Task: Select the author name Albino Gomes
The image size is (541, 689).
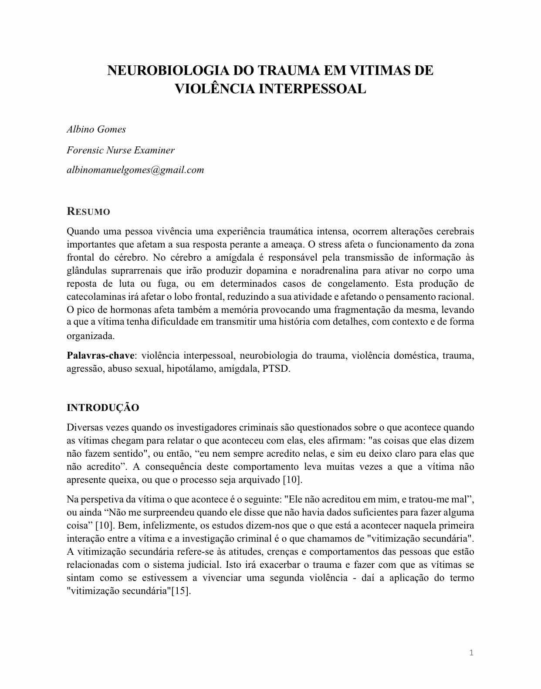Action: pos(96,129)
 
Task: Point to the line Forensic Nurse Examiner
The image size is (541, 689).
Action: pos(121,150)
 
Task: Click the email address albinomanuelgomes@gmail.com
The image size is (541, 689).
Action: pos(135,170)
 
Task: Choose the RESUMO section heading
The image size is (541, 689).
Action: pos(88,212)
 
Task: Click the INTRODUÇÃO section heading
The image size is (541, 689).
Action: pos(103,408)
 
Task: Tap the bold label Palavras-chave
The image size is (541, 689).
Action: pos(101,356)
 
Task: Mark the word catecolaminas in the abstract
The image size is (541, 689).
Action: pos(96,297)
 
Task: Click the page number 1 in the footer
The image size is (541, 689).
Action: pos(471,652)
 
